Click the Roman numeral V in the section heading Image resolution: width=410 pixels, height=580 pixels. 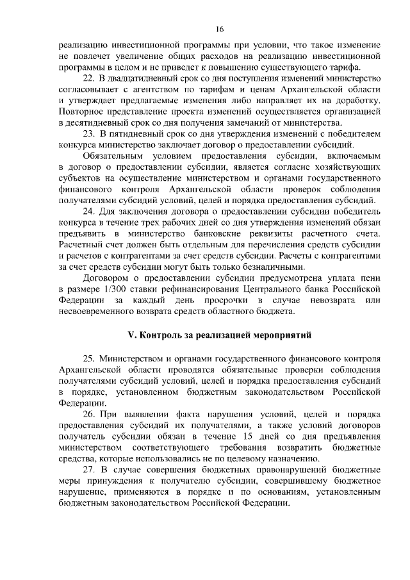tap(131, 334)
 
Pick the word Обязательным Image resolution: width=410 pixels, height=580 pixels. tap(115, 156)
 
